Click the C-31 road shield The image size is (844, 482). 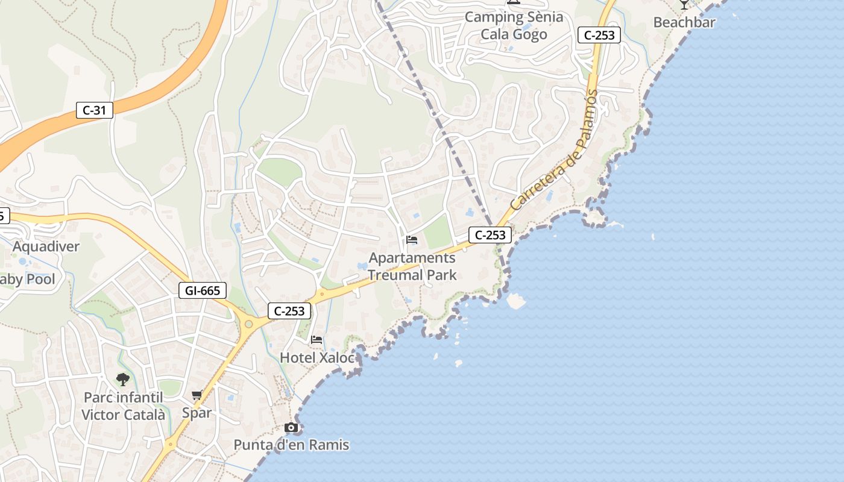click(x=95, y=110)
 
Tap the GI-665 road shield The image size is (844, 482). click(x=203, y=290)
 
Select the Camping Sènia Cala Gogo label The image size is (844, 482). click(x=514, y=25)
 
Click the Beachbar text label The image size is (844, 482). click(x=684, y=22)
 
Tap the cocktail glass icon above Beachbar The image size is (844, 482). click(x=684, y=4)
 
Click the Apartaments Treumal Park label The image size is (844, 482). click(x=412, y=266)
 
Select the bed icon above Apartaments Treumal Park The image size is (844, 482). click(x=412, y=240)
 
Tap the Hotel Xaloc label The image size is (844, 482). click(x=317, y=357)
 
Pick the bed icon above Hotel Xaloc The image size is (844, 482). click(x=316, y=340)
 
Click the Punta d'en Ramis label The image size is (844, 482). click(x=291, y=445)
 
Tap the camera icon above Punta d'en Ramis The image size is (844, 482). click(x=291, y=428)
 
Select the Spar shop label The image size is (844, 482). click(x=197, y=413)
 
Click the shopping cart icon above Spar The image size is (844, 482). click(x=197, y=395)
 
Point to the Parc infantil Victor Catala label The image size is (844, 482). click(x=123, y=406)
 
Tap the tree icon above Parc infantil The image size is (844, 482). click(x=123, y=379)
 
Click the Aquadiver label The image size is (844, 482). click(x=46, y=246)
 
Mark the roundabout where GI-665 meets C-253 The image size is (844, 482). click(x=248, y=324)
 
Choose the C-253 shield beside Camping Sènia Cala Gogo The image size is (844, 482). click(x=599, y=35)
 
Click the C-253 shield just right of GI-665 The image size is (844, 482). click(x=289, y=311)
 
